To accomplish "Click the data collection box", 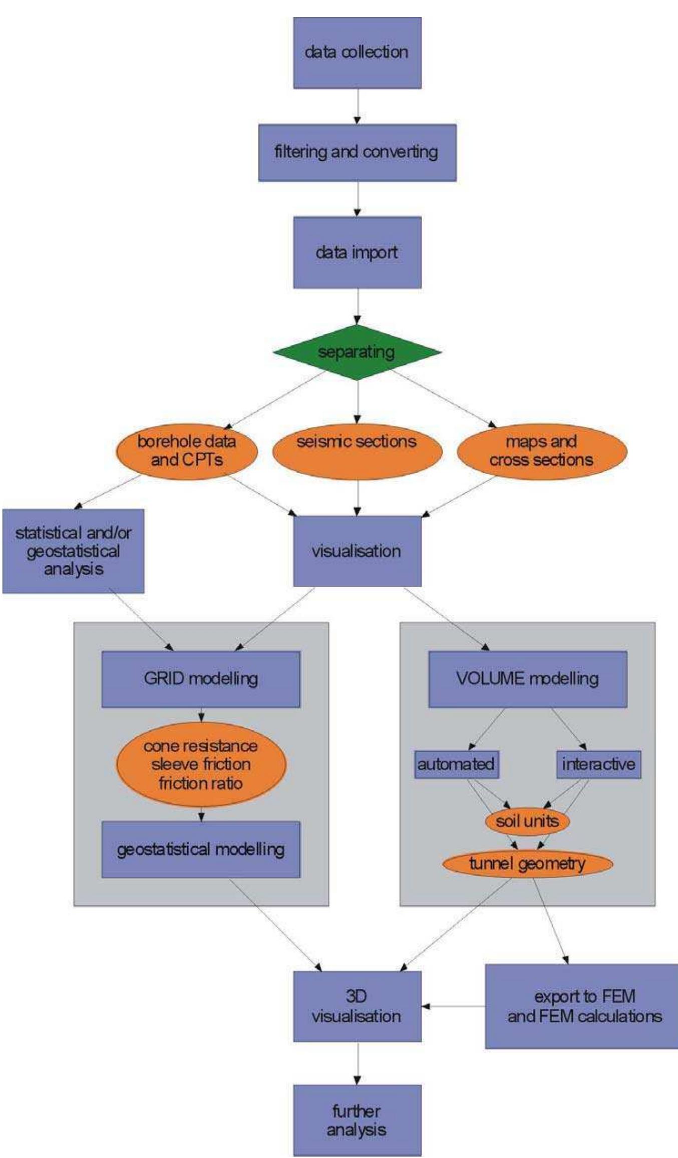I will pyautogui.click(x=357, y=53).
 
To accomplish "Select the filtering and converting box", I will pyautogui.click(x=357, y=152).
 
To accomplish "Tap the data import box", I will pyautogui.click(x=357, y=252).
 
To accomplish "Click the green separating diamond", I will pyautogui.click(x=357, y=352).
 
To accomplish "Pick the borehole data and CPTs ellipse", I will pyautogui.click(x=187, y=451).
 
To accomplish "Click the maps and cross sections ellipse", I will pyautogui.click(x=542, y=451).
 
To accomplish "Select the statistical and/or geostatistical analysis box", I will pyautogui.click(x=73, y=551).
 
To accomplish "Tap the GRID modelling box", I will pyautogui.click(x=201, y=679).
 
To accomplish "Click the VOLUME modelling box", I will pyautogui.click(x=527, y=679).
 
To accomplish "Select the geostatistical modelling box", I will pyautogui.click(x=201, y=849).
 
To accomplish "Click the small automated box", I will pyautogui.click(x=456, y=764).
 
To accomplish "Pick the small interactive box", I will pyautogui.click(x=598, y=764).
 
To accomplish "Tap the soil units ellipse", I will pyautogui.click(x=527, y=821).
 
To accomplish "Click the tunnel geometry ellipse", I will pyautogui.click(x=527, y=864).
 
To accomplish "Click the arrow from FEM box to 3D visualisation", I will pyautogui.click(x=453, y=1006).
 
